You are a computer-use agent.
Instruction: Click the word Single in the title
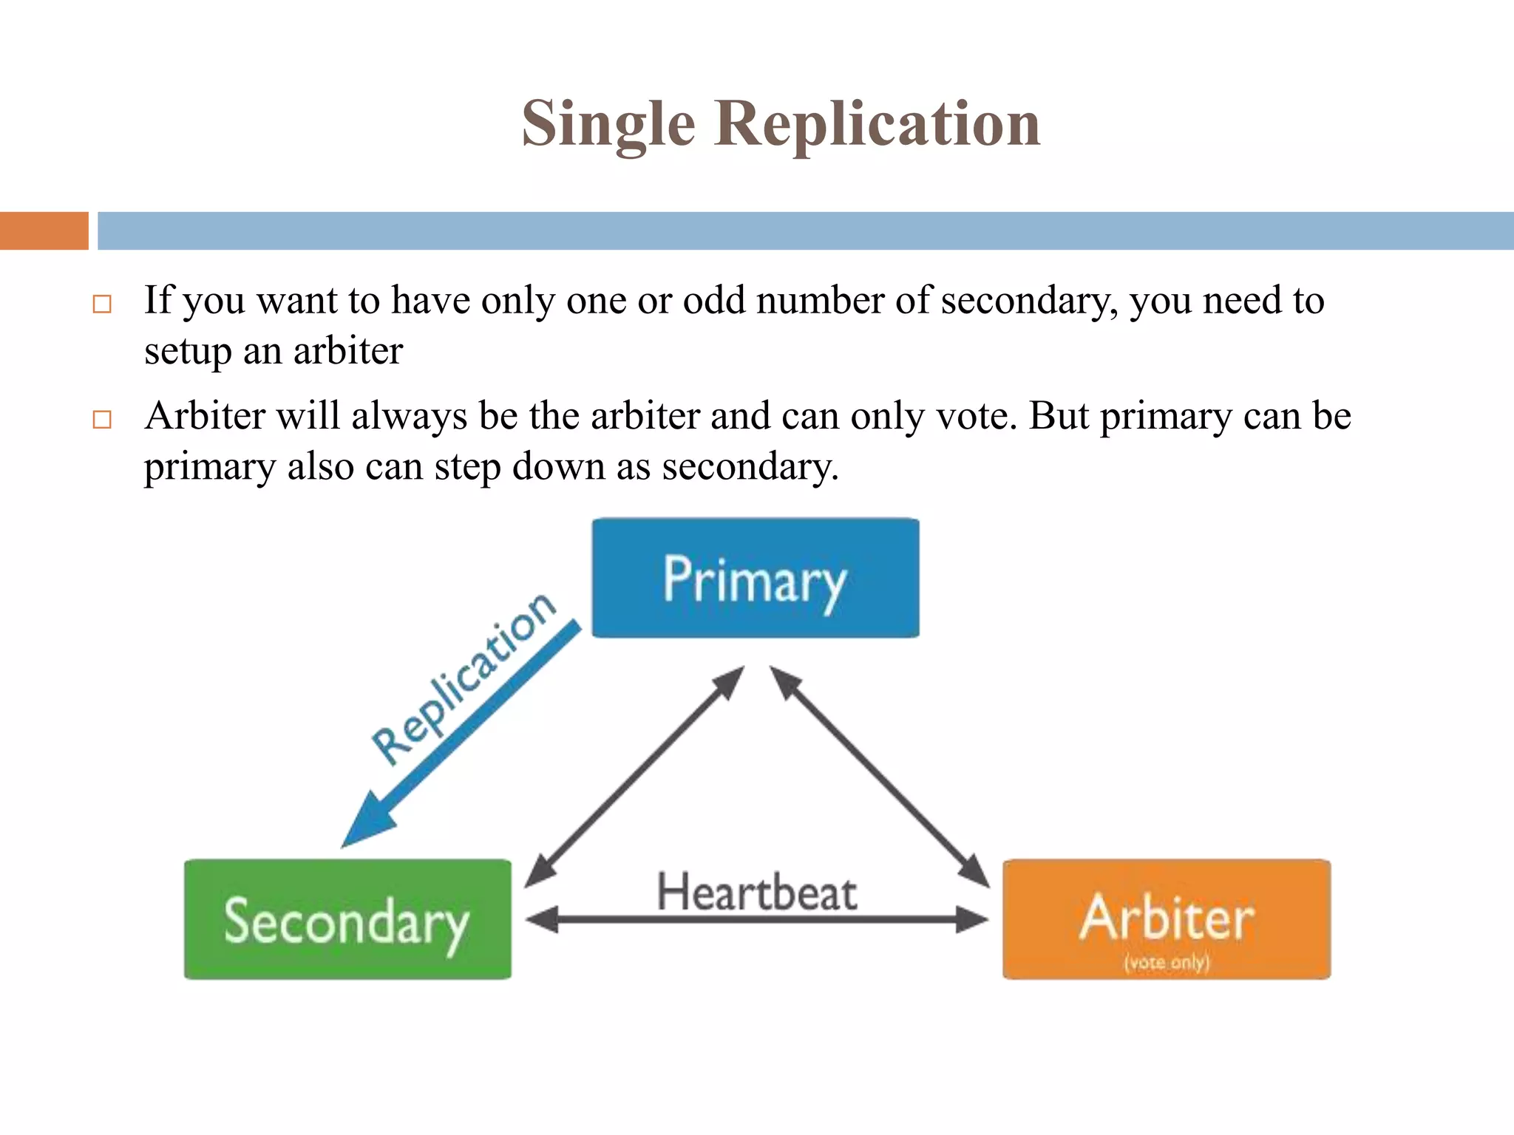click(x=608, y=124)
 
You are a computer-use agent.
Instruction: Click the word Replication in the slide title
click(x=877, y=124)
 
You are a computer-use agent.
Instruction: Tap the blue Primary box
click(x=755, y=579)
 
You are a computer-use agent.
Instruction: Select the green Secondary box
click(x=347, y=920)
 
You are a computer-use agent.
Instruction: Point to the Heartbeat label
click(x=756, y=892)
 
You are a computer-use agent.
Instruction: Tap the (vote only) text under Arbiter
click(x=1167, y=962)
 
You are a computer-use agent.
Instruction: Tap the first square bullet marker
click(x=102, y=304)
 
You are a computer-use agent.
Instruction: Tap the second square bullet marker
click(x=102, y=420)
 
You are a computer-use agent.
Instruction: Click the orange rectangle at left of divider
click(x=44, y=231)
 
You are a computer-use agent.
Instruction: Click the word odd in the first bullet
click(x=713, y=301)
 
